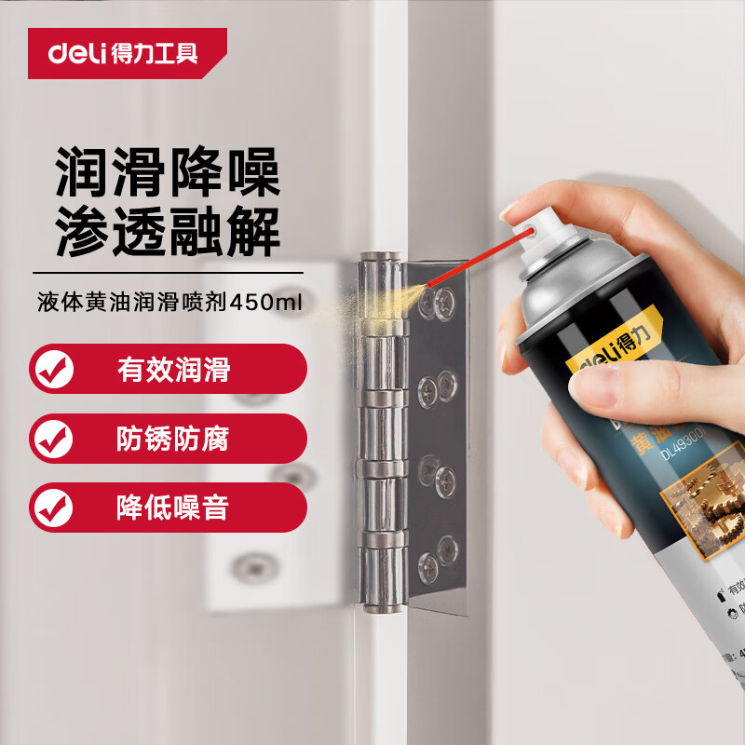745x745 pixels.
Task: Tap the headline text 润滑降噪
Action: tap(168, 170)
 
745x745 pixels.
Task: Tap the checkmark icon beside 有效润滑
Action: tap(52, 370)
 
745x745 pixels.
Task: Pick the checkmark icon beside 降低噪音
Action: tap(52, 508)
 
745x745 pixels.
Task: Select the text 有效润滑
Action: tap(173, 370)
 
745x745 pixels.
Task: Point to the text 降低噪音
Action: tap(173, 508)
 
